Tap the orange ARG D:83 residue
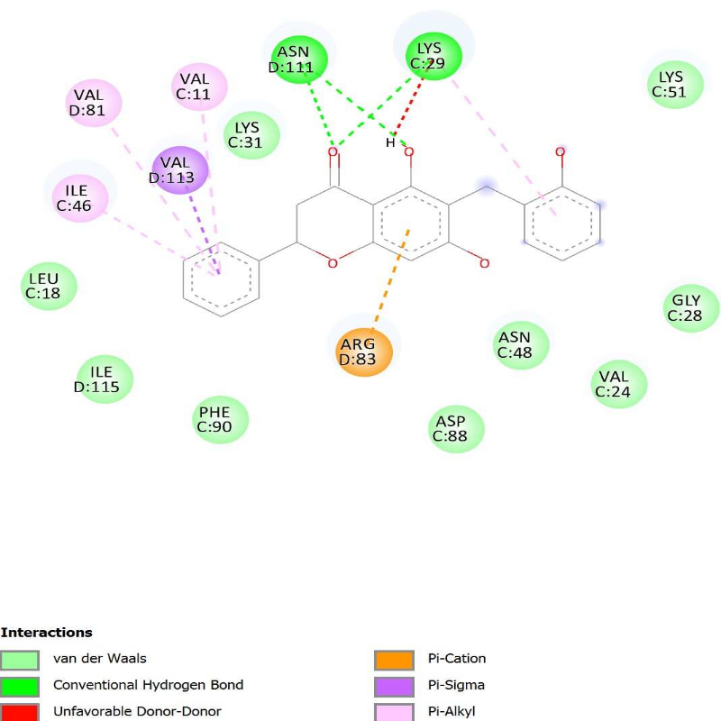coord(364,351)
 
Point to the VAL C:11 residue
coord(199,87)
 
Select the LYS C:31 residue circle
coord(252,134)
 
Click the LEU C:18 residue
coord(50,286)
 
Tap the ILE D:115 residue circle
coord(105,379)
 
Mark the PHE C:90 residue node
coord(221,419)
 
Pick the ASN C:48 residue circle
coord(522,344)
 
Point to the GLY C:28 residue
coord(692,307)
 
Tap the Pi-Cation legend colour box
coord(394,660)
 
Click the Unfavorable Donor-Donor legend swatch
coord(20,711)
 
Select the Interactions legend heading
coord(46,633)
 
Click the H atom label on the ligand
coord(390,142)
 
